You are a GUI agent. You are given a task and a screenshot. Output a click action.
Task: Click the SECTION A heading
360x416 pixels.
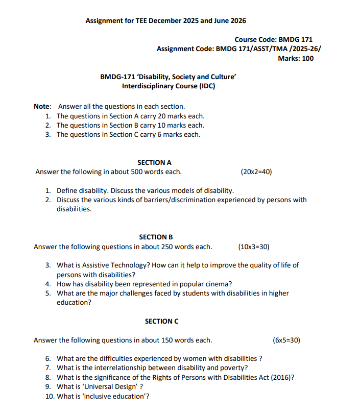[154, 162]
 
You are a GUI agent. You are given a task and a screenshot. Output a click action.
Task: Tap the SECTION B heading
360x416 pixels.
[156, 237]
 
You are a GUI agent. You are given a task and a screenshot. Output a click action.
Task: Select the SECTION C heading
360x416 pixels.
[161, 321]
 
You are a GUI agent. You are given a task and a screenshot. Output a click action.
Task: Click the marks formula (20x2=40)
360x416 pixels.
[256, 172]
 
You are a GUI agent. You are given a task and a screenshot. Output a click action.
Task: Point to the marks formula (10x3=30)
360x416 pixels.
[254, 247]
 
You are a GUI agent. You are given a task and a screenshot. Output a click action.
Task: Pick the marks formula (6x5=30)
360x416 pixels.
[286, 340]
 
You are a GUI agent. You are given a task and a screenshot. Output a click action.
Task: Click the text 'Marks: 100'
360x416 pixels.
[296, 58]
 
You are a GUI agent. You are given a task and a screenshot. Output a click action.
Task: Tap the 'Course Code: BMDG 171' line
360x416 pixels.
[273, 39]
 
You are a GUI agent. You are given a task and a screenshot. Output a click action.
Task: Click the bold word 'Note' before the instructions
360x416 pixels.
[42, 106]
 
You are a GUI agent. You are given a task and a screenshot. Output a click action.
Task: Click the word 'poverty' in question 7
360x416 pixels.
[234, 368]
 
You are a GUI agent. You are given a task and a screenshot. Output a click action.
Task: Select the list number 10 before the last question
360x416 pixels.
[50, 396]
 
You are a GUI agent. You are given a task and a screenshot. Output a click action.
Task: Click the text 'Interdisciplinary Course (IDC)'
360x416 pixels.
[169, 86]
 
